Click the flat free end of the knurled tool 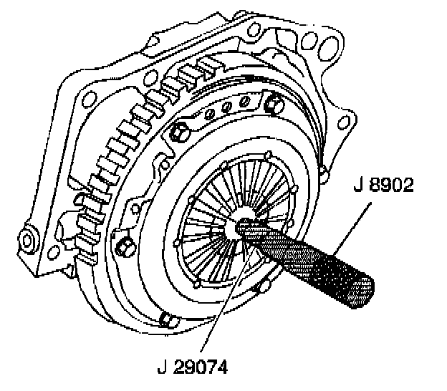click(x=364, y=294)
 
